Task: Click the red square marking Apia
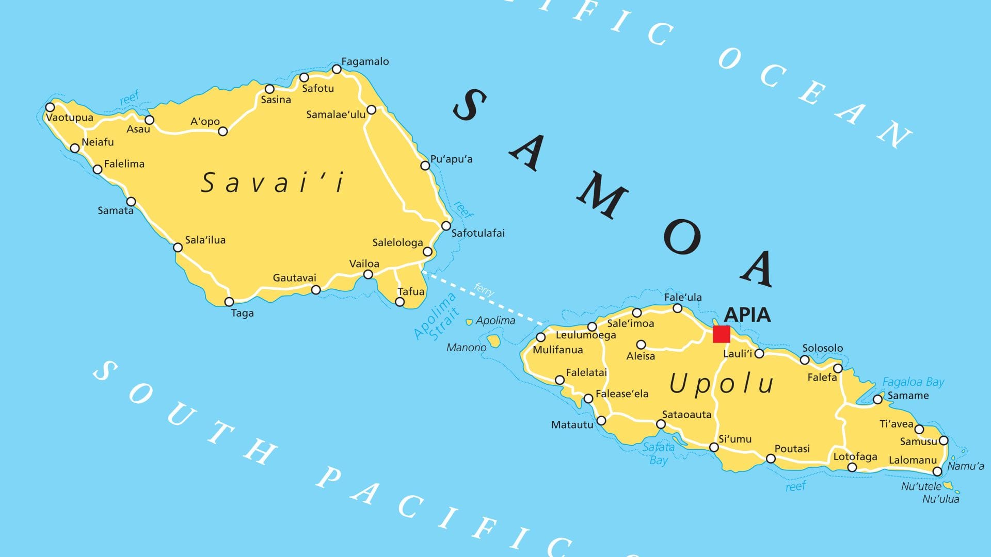pos(721,334)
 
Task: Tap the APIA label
pos(747,314)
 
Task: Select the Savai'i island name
pos(272,183)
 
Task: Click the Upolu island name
pos(721,384)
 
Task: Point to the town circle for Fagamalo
pos(337,69)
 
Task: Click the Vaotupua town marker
pos(50,107)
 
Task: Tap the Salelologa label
pos(397,242)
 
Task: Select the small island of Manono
pos(494,340)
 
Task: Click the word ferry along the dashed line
pos(484,289)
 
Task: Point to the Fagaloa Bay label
pos(913,382)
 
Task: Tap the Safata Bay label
pos(658,453)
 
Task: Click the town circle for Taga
pos(229,302)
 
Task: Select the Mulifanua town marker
pos(540,337)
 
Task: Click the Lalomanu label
pos(912,460)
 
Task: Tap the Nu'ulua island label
pos(940,499)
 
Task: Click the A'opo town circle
pos(223,132)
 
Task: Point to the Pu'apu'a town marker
pos(425,166)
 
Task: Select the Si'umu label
pos(734,439)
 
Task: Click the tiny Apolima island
pos(469,322)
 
